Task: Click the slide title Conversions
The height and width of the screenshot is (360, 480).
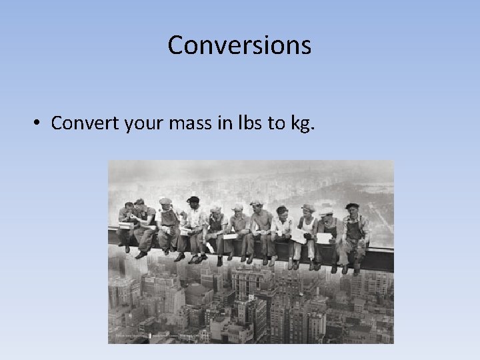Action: pos(239,45)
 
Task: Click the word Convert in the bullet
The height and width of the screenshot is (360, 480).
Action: pos(85,123)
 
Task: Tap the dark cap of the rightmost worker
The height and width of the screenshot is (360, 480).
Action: pos(352,206)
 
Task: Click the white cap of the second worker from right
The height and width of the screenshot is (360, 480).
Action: pos(327,213)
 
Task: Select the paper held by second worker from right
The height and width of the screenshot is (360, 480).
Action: pos(324,238)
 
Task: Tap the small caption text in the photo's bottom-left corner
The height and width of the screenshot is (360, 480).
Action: pos(130,338)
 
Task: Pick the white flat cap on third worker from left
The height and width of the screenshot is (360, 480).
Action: pos(165,201)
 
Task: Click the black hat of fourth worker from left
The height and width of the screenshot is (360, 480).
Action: pos(193,199)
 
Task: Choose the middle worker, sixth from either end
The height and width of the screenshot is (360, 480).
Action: pos(237,230)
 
